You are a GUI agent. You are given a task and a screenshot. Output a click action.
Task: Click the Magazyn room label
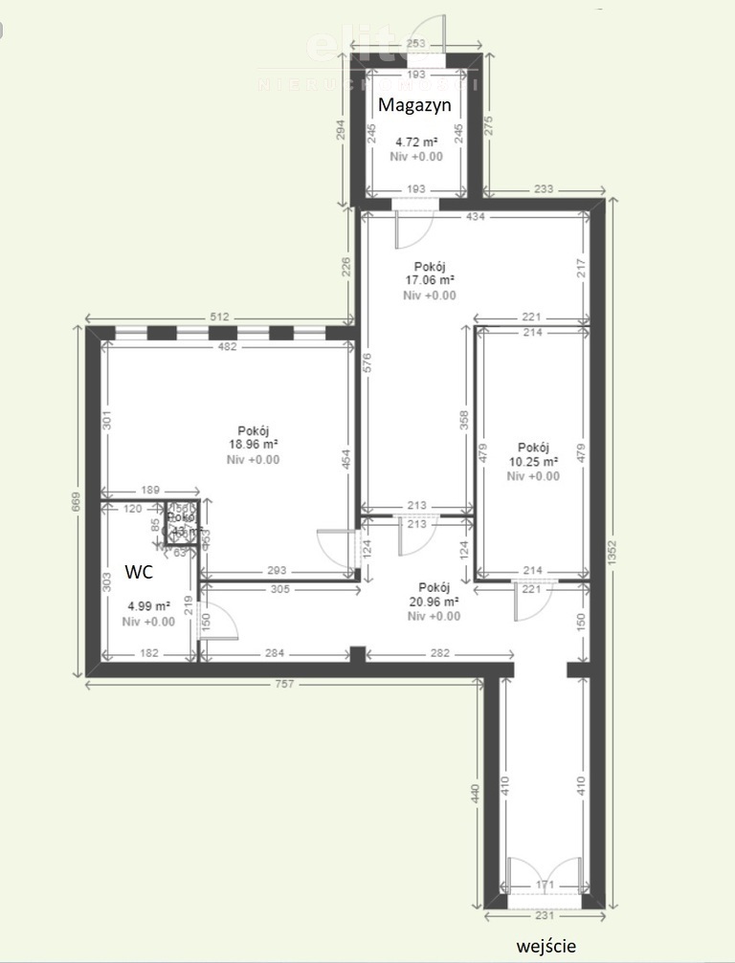[x=414, y=105]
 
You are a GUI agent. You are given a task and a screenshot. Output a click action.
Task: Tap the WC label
[x=141, y=573]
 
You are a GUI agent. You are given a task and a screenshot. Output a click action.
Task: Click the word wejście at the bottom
[x=546, y=946]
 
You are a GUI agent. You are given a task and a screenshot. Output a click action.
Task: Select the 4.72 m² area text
[x=416, y=142]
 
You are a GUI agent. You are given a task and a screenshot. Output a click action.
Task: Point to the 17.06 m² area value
[x=429, y=281]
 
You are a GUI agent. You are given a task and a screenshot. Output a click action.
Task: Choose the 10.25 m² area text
[x=533, y=462]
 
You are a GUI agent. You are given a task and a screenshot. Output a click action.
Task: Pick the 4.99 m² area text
[x=148, y=606]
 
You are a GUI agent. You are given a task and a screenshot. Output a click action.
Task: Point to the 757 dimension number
[x=284, y=684]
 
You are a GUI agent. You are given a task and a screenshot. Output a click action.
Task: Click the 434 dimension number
[x=476, y=217]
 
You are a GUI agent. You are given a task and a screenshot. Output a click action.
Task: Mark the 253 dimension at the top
[x=415, y=44]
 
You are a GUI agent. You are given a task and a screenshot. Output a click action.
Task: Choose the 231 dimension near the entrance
[x=545, y=915]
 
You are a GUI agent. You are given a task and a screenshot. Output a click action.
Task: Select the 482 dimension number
[x=227, y=347]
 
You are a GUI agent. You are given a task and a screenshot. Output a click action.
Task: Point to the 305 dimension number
[x=279, y=590]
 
